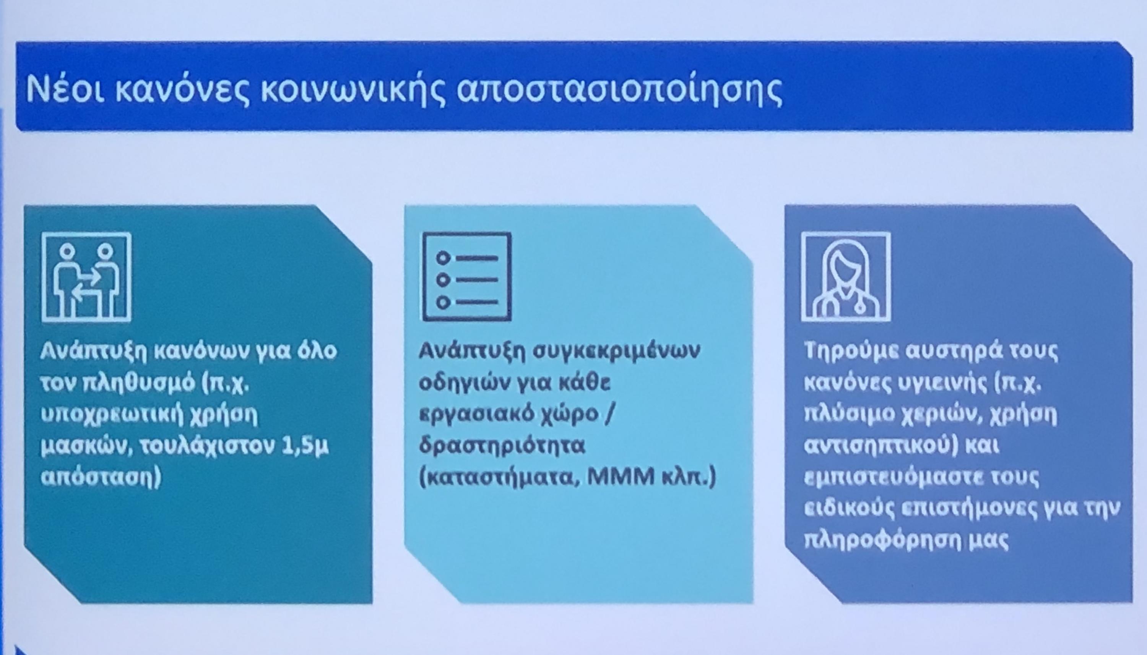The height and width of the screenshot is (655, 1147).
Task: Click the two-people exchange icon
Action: click(x=86, y=277)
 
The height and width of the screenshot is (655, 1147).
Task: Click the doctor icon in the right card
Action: click(x=846, y=276)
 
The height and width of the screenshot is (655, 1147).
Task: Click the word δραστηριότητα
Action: click(x=502, y=447)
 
